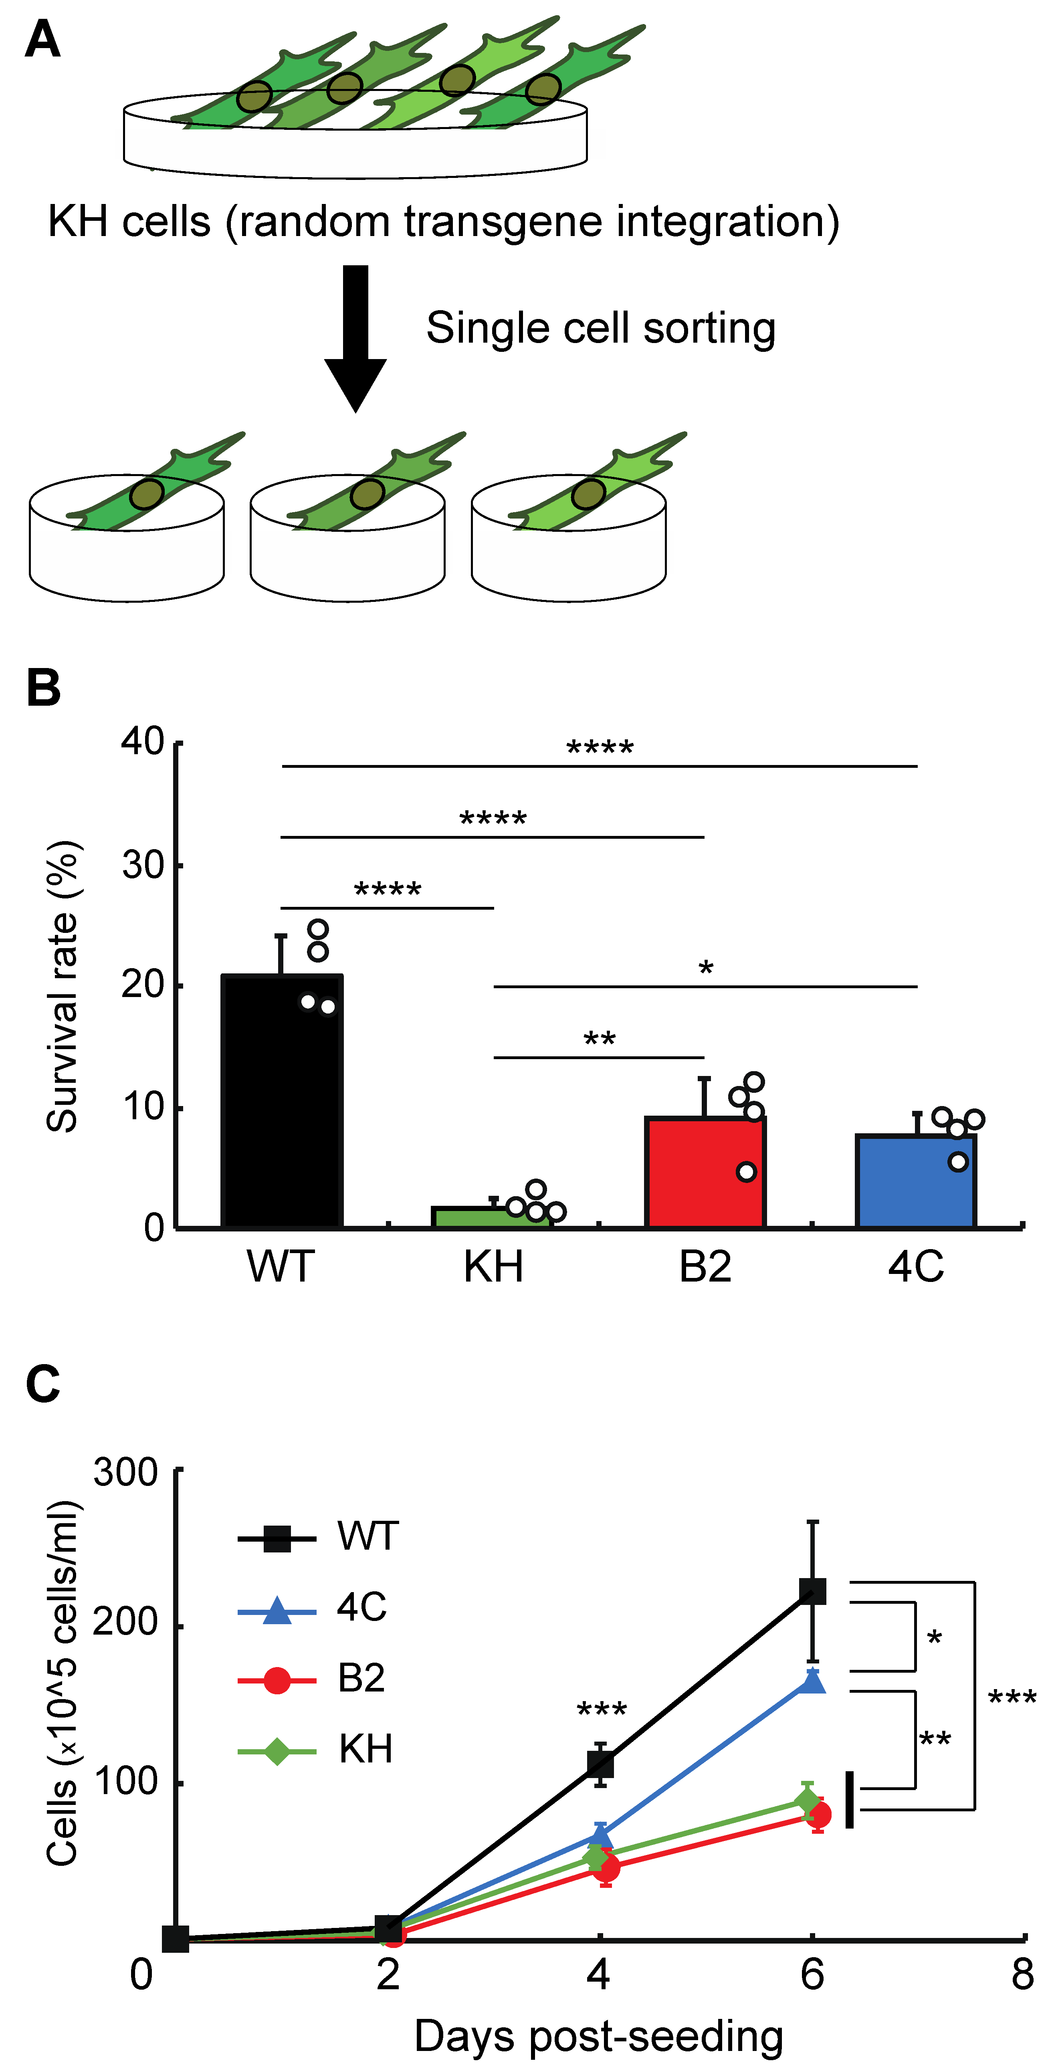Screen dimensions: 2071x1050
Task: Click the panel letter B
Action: coord(43,688)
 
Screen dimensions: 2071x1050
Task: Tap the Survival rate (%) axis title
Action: coord(63,987)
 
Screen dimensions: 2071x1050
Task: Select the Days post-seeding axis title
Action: coord(599,2037)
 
